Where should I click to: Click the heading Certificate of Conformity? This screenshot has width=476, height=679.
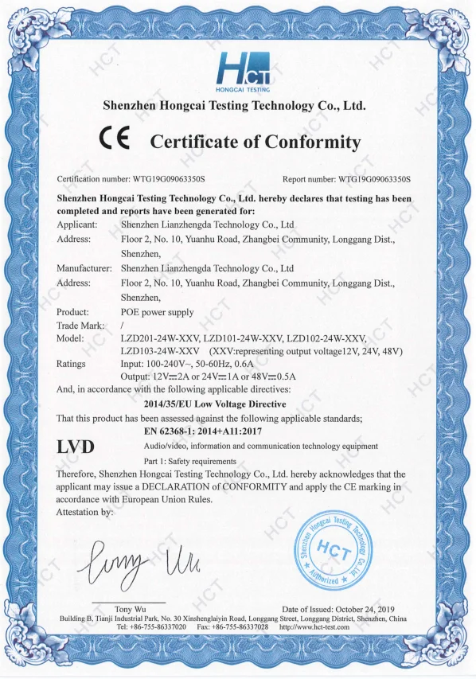[255, 142]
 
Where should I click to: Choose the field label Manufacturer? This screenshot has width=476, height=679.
[83, 268]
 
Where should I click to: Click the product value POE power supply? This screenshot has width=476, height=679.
[157, 312]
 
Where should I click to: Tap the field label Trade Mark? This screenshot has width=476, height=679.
[80, 326]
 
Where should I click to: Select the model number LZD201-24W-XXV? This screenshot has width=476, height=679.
[158, 339]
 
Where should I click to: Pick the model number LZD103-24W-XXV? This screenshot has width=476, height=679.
[159, 351]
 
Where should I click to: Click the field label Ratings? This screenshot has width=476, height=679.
[71, 363]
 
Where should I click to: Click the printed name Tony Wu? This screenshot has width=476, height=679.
[128, 609]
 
